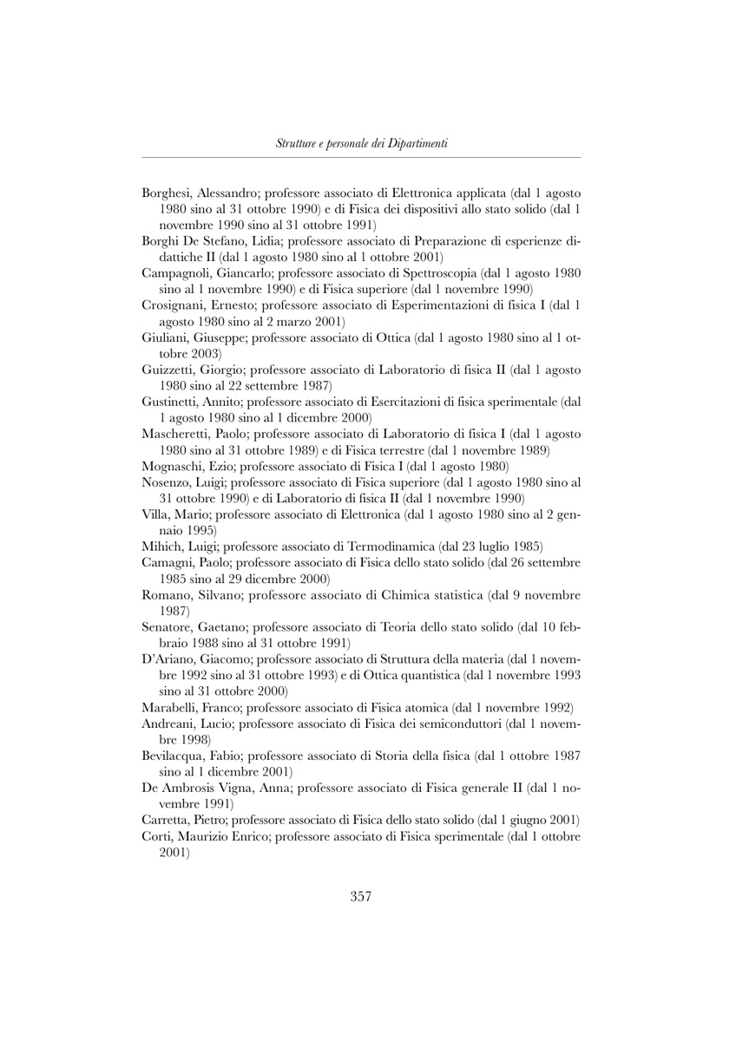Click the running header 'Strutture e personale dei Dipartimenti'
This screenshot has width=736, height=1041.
(x=361, y=143)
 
